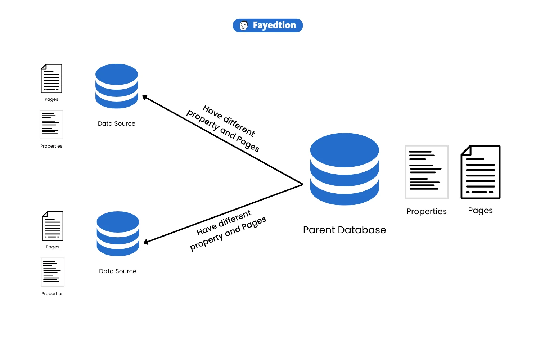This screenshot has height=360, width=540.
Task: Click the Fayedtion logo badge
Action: coord(268,26)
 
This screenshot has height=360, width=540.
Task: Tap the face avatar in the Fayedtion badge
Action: coord(244,26)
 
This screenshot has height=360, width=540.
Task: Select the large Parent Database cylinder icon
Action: coord(345,169)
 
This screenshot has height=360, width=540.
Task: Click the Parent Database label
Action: coord(344,230)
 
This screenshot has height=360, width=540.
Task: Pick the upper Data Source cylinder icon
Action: coord(117,86)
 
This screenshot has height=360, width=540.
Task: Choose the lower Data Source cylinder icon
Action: coord(118,234)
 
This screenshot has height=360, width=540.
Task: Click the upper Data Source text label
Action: coord(117,123)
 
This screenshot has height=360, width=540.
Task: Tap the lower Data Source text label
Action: coord(118,271)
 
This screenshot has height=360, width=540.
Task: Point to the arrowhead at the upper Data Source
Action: coord(144,97)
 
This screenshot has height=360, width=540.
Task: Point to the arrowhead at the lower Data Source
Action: coord(146,242)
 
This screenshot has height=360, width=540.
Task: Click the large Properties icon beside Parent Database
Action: coord(427,172)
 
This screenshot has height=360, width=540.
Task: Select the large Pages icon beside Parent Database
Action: coord(481,172)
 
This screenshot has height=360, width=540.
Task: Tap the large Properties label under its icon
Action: coord(427,212)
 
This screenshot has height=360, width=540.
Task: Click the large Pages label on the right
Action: coord(480,211)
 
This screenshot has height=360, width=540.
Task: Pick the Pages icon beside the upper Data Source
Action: coord(51,78)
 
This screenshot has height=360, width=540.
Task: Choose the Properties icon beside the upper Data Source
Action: coord(51,125)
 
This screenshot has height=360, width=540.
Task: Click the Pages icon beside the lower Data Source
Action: coord(53,226)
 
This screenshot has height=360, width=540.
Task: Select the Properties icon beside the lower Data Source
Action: coord(53,272)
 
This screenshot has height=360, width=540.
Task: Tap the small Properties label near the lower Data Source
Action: coord(53,294)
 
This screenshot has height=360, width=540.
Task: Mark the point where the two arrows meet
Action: coord(302,184)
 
